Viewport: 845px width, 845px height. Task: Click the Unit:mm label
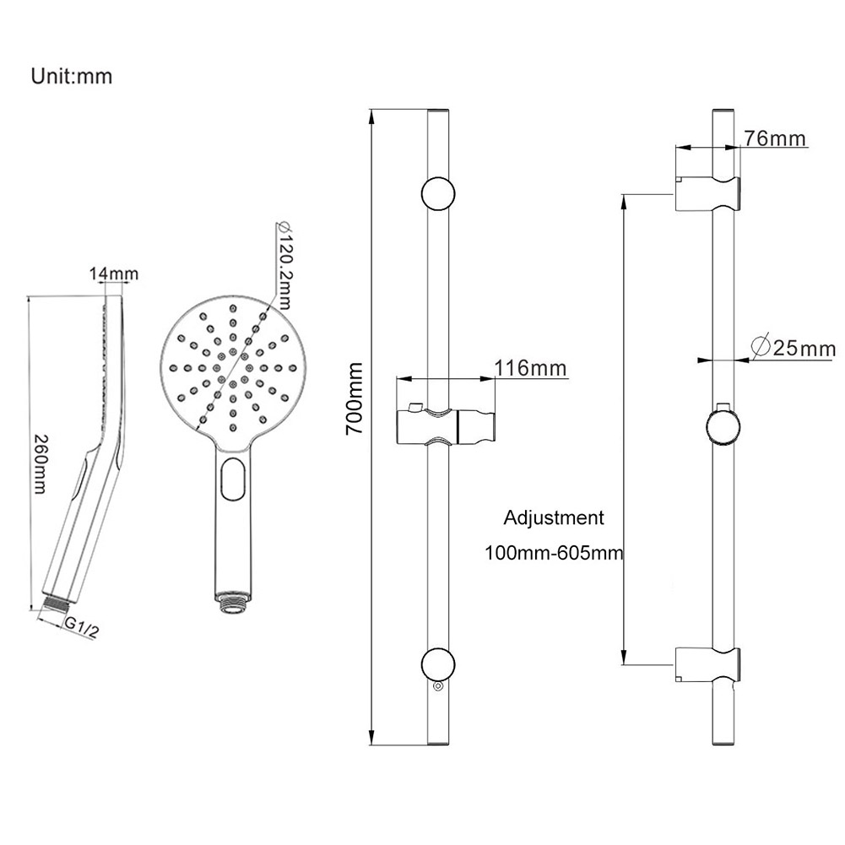[72, 76]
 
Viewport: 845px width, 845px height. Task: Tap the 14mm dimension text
[114, 274]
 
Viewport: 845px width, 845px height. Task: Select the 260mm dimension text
[40, 464]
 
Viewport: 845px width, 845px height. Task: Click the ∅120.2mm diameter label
[284, 264]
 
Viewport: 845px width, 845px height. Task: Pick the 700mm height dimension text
[355, 398]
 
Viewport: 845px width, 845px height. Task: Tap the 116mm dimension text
[531, 368]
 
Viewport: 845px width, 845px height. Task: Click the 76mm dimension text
[776, 138]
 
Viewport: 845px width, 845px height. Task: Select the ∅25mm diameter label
[792, 348]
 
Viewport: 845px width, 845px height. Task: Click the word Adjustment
[554, 517]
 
